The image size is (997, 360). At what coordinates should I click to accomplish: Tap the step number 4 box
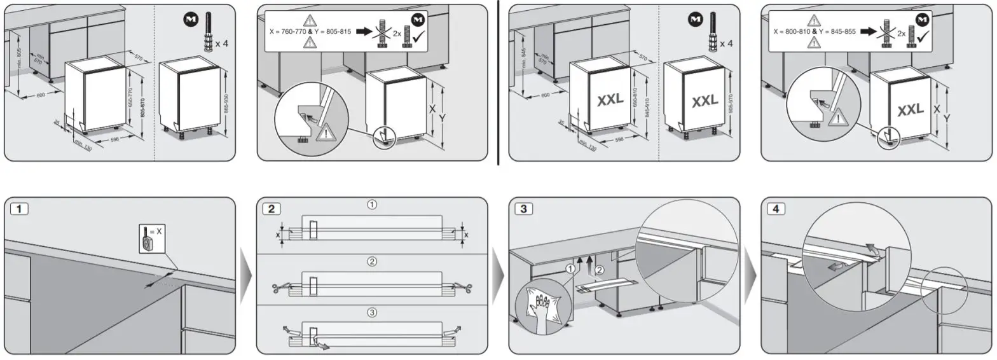[x=775, y=209]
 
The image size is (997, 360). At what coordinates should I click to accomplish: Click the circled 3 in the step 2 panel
[x=372, y=312]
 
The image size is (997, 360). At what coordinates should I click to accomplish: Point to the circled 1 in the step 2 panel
[x=372, y=205]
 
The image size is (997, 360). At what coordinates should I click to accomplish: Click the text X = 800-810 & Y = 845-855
[x=815, y=31]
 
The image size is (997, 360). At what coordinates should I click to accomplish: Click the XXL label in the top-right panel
[x=910, y=111]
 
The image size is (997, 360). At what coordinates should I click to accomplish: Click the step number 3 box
[x=523, y=209]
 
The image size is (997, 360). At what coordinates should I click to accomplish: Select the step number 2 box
[x=271, y=209]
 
